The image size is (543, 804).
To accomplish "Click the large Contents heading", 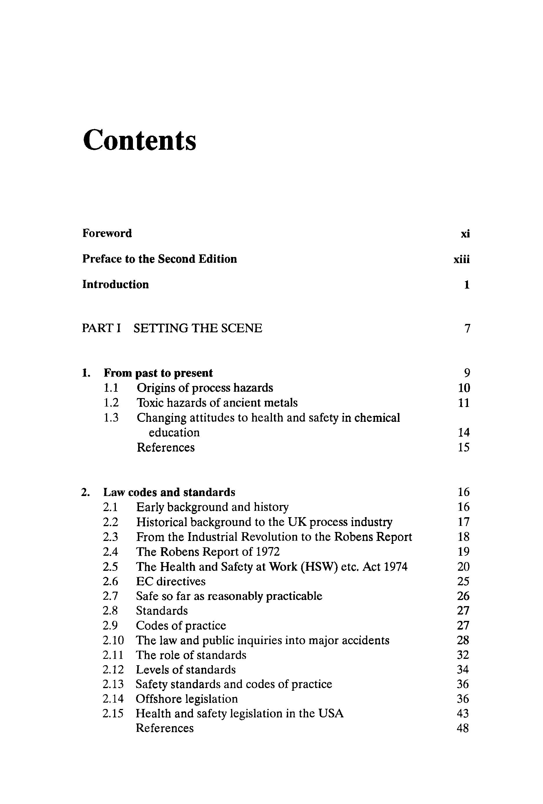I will [x=139, y=140].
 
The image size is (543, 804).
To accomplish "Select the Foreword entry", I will [x=107, y=233].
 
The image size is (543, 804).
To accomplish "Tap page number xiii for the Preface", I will [x=461, y=259].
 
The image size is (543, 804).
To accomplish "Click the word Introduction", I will [x=116, y=285].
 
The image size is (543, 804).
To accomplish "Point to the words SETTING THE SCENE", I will [x=198, y=328].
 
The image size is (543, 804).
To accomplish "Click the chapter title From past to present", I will [x=158, y=373].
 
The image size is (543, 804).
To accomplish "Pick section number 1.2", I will [x=111, y=403].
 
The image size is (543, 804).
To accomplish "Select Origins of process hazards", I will [x=205, y=388].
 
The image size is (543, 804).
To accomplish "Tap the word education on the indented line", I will [x=174, y=433].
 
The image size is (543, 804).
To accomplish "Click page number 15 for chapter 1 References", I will [x=463, y=447].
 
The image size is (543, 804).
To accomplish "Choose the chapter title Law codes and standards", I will [x=169, y=492].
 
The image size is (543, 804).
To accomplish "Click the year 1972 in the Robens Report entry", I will [x=268, y=551].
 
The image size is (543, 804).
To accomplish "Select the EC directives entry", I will [x=171, y=581].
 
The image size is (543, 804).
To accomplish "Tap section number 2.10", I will [x=113, y=640].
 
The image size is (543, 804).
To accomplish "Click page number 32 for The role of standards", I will [x=463, y=655].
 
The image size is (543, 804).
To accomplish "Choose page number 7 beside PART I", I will [x=467, y=328].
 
